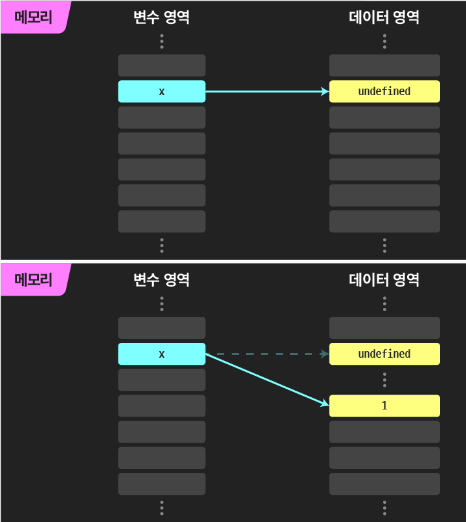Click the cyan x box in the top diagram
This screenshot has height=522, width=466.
(162, 91)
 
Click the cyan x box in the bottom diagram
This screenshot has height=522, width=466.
(162, 354)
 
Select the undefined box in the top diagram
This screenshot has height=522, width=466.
(384, 91)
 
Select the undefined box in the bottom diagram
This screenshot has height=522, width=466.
(384, 354)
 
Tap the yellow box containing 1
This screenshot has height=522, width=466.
(384, 406)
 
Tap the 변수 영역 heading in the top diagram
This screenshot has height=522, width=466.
(161, 17)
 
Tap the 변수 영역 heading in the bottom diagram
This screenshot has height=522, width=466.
(161, 280)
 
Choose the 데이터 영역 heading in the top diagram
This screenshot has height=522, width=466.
(384, 17)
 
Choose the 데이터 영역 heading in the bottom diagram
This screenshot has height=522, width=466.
(384, 280)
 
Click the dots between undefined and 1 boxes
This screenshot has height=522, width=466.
(384, 380)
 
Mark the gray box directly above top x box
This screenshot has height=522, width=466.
(162, 65)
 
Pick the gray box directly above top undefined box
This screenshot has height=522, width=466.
(384, 65)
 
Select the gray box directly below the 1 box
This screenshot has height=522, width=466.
(384, 431)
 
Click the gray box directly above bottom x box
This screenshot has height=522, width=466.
(162, 328)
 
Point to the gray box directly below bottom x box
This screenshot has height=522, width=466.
(162, 380)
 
